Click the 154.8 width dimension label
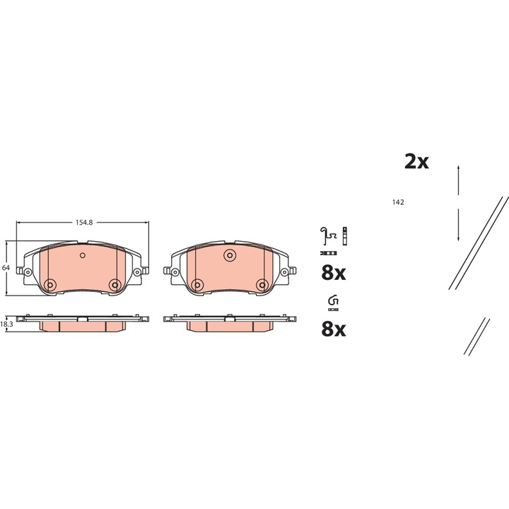tap(83, 222)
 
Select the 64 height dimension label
tap(5, 268)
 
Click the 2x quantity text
tap(416, 162)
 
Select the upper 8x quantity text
tap(334, 272)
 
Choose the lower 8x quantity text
tap(334, 329)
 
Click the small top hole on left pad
tap(82, 255)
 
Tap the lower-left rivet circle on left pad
tap(49, 284)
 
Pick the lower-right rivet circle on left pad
tap(115, 284)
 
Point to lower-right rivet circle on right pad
tap(262, 284)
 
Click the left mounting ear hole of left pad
tap(28, 272)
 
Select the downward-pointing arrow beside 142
tap(460, 226)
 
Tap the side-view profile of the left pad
tap(82, 322)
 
